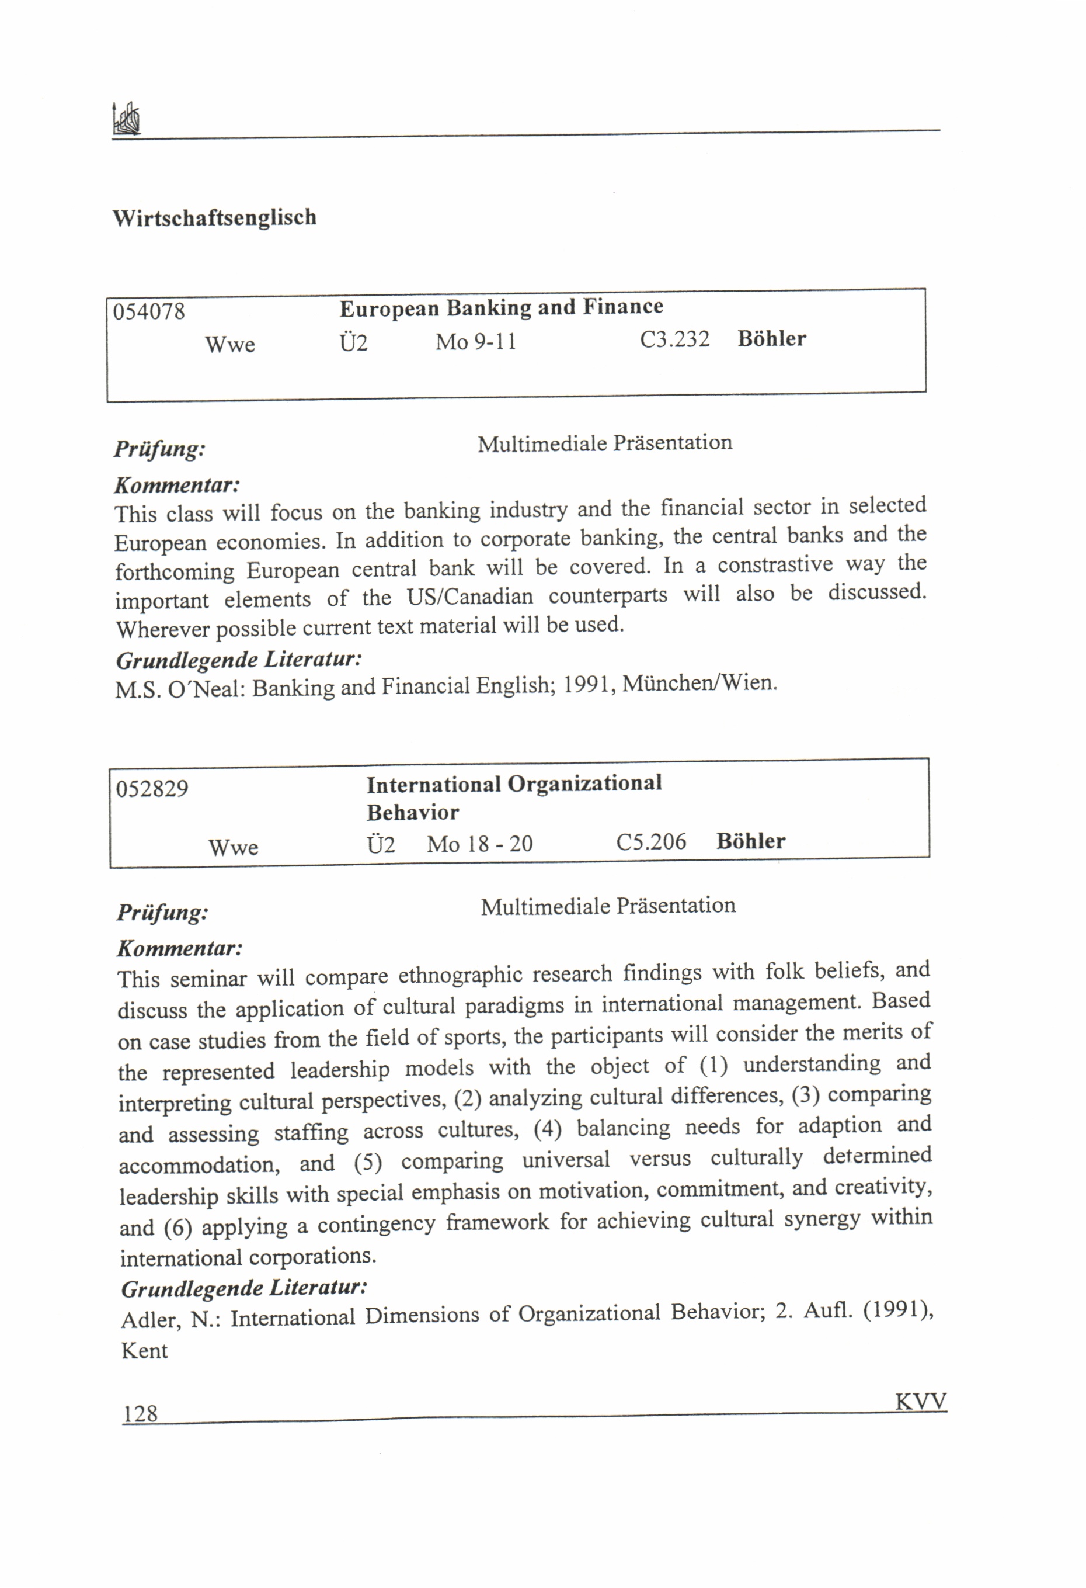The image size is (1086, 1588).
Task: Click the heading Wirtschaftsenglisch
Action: [x=214, y=218]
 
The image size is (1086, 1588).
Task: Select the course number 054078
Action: [x=149, y=312]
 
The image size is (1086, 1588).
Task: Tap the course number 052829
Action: [x=152, y=789]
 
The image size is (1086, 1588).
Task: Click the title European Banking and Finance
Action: [x=500, y=307]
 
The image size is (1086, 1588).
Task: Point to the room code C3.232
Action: [x=674, y=339]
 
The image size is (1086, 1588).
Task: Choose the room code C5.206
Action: [x=651, y=842]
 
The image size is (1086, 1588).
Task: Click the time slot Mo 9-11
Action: [x=475, y=341]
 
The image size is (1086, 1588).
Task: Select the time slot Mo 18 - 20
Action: [x=479, y=844]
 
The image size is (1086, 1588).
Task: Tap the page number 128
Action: [x=140, y=1414]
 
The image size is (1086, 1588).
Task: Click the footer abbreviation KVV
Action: [x=920, y=1402]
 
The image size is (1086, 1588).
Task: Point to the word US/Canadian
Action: [x=470, y=597]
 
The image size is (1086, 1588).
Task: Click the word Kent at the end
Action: [x=144, y=1351]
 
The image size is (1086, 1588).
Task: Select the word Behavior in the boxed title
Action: [x=413, y=813]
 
